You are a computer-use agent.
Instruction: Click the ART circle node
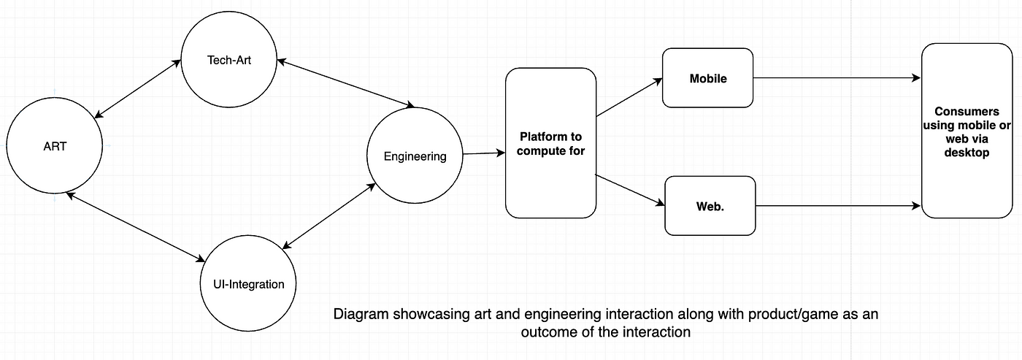(55, 146)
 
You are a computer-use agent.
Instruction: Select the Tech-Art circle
(228, 60)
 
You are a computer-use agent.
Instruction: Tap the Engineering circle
(415, 156)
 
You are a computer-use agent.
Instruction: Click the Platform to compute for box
(551, 143)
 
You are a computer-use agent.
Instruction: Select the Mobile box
(707, 78)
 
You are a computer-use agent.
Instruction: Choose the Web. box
(710, 206)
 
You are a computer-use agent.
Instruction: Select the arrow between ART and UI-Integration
(135, 226)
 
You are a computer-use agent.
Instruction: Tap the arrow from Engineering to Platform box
(483, 153)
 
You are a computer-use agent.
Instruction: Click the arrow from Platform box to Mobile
(629, 97)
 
